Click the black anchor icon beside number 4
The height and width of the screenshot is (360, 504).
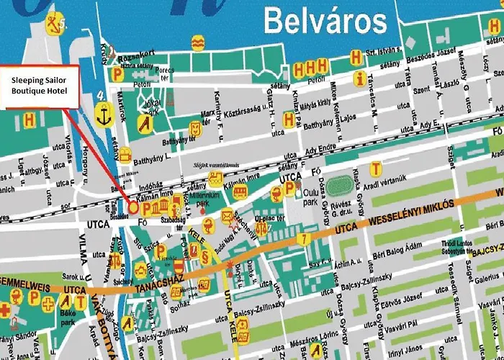(x=103, y=113)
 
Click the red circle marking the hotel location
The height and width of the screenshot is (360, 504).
(x=133, y=207)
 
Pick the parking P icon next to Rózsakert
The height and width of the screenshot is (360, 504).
(x=117, y=73)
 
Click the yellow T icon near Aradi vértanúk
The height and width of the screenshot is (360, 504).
(x=375, y=169)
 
